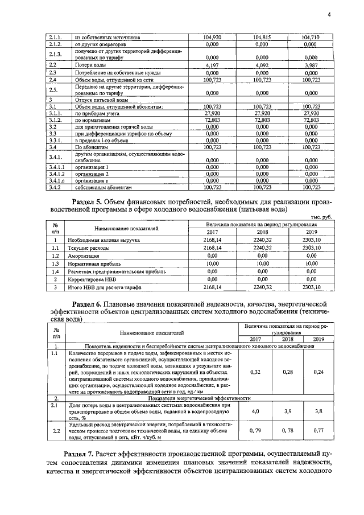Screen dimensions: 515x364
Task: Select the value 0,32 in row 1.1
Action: pyautogui.click(x=255, y=372)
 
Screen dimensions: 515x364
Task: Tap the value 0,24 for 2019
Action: pyautogui.click(x=318, y=372)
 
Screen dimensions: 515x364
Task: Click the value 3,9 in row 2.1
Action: pyautogui.click(x=287, y=411)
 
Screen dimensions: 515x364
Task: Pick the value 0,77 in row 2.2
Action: pyautogui.click(x=318, y=431)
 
